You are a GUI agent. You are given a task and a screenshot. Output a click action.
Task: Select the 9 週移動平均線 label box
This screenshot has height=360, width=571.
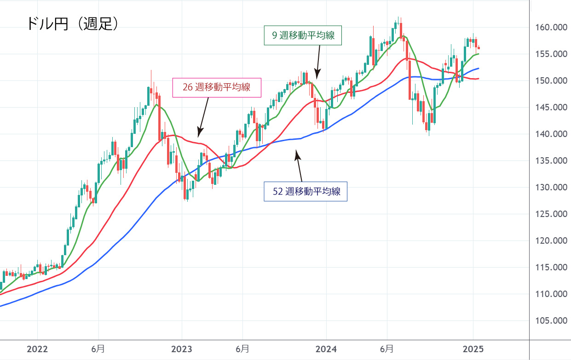303,35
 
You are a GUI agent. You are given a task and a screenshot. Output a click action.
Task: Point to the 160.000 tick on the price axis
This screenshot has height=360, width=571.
549,28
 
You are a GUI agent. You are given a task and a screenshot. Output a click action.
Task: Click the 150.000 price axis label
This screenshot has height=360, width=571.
549,81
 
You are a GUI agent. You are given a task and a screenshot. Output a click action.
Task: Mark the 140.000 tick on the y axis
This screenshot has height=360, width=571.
549,134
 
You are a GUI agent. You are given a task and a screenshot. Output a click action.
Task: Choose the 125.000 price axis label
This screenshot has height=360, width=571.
549,214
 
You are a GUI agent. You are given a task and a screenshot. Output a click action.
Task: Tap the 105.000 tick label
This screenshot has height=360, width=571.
549,321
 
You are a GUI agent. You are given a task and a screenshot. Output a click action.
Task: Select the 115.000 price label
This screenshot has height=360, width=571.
549,268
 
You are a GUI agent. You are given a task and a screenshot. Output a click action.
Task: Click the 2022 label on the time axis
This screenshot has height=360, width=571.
37,349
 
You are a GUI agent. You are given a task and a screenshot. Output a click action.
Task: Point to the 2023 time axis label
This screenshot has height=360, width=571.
182,349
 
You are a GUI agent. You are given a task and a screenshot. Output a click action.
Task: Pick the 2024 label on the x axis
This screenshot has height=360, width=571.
326,349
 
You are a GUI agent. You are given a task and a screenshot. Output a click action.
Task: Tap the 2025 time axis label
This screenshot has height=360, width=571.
473,349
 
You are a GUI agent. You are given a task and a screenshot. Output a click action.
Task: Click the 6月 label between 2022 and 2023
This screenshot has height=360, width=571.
98,349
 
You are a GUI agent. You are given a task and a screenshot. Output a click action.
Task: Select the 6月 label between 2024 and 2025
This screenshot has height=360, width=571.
386,349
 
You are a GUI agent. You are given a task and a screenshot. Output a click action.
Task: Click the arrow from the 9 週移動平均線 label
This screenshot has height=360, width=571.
318,62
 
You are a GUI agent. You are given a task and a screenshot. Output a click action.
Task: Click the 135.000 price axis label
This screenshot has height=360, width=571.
549,161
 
